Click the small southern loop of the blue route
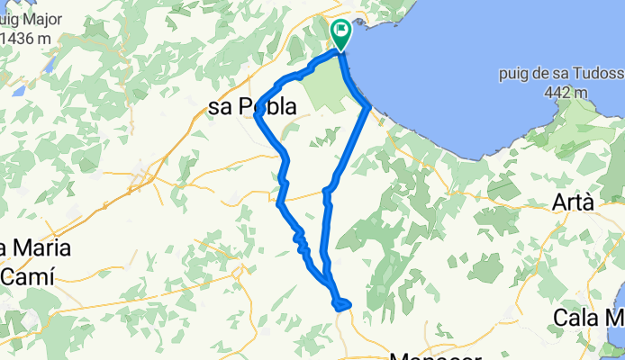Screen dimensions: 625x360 (x=340, y=304)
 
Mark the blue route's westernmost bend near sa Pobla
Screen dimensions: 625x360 (x=257, y=114)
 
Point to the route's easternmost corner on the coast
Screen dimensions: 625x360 (x=368, y=108)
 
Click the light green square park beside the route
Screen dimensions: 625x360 (x=324, y=91)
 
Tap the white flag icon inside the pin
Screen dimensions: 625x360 (x=341, y=31)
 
